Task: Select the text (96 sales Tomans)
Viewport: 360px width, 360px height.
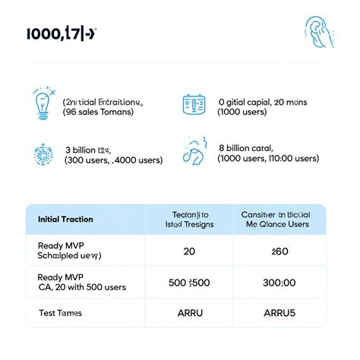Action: tap(99, 112)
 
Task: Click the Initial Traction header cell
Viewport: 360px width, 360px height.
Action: tap(65, 219)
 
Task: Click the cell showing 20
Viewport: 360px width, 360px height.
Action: tap(189, 251)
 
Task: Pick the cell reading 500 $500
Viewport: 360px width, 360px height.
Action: tap(189, 283)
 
